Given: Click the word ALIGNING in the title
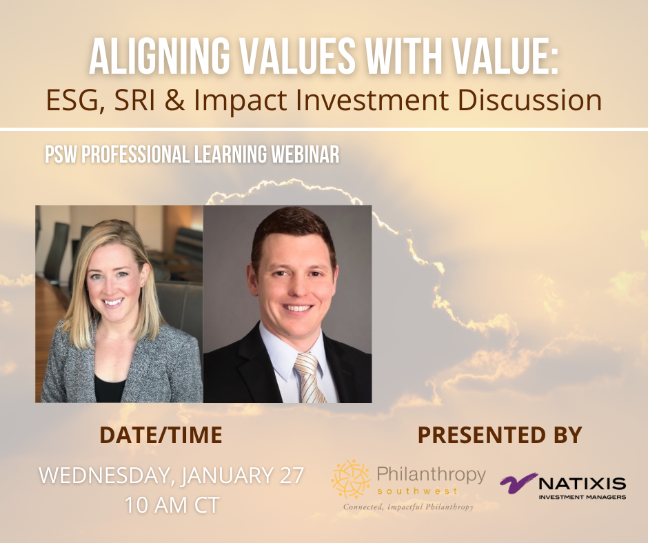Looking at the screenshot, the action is coord(159,56).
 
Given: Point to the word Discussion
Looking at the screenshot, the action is coord(530,100).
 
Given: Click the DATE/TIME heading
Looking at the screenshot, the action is coord(161,435).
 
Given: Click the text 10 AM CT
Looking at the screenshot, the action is coord(172,505).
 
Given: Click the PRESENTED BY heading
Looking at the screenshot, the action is coord(500,435).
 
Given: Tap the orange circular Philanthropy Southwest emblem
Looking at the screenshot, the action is coord(351,478).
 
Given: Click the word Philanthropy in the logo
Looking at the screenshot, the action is coord(431,475).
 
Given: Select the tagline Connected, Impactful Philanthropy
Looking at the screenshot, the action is coord(408,507).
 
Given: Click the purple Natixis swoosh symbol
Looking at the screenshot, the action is coord(518,483).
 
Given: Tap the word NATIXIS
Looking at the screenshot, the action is coord(583,483).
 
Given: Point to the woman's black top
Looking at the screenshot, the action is coord(109,388).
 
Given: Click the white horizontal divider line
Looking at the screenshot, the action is coord(324,130).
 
